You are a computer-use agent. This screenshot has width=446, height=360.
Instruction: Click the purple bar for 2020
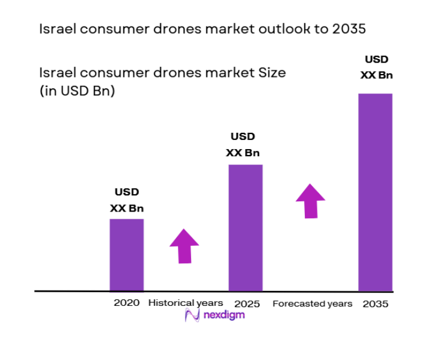point(126,255)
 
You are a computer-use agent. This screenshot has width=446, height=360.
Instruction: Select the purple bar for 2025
point(245,227)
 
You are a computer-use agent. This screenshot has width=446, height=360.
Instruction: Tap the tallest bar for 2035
point(375,192)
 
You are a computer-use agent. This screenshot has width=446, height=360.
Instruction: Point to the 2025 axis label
point(247,304)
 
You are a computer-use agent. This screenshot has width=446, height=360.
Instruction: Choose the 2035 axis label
point(376,304)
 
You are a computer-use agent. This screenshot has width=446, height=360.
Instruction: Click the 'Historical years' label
point(185,303)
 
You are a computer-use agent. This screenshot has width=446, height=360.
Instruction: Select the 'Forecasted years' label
point(312,304)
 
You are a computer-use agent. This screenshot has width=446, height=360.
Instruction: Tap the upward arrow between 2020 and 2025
point(183,245)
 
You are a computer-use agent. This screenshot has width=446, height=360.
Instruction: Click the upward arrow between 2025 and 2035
point(310,201)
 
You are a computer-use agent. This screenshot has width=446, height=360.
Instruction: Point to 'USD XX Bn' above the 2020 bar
point(127,201)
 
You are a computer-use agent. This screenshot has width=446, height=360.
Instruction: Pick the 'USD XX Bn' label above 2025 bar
point(243,145)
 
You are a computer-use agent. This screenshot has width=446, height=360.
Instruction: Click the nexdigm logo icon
point(192,316)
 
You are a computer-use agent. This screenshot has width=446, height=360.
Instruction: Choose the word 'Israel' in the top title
point(56,29)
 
